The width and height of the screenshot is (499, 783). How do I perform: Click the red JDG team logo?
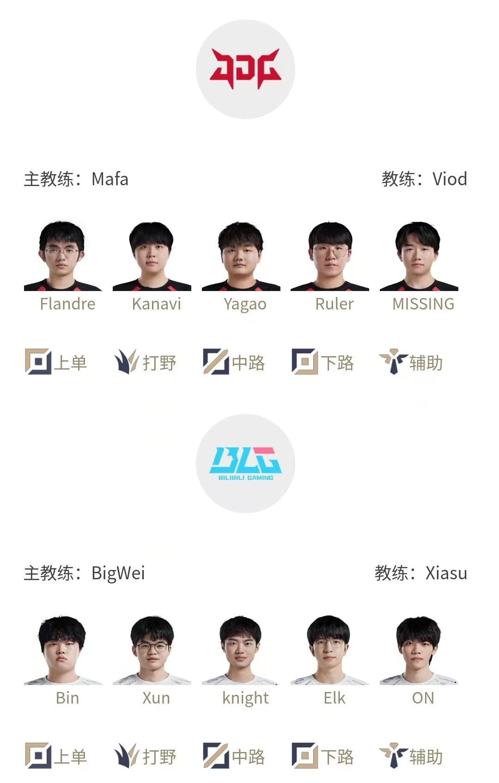coord(245,68)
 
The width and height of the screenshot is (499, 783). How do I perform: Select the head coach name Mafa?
coord(110,179)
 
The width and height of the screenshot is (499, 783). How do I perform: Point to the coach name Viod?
coord(450,179)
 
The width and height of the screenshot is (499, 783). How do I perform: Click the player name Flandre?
coord(67,304)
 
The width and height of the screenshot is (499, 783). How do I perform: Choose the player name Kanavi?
coord(156,304)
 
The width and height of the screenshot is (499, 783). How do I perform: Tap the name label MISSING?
coord(423,304)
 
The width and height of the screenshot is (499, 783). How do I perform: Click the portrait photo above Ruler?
coord(330,256)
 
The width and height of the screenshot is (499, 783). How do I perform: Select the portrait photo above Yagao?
coord(241,256)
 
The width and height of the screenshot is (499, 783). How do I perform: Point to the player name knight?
coord(245,698)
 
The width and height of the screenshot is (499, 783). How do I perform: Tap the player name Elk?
coord(335,698)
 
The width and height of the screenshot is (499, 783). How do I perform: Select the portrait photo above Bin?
coord(63,650)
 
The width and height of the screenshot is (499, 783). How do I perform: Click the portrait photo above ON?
coord(419,650)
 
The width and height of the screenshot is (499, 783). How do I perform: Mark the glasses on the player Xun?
coord(152,647)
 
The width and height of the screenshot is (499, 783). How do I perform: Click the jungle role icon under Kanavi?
coord(127,361)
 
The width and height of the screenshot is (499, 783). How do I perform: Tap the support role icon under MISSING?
coord(394,361)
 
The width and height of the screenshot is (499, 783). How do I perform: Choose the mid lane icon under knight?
coord(216,756)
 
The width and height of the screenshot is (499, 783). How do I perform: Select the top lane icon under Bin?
coord(38,756)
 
